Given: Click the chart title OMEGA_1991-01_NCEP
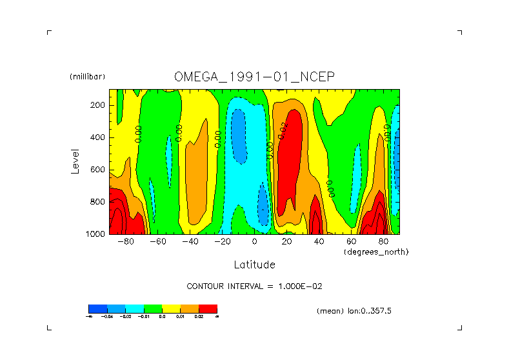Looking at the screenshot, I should pyautogui.click(x=254, y=77).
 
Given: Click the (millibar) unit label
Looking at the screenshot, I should pyautogui.click(x=87, y=77).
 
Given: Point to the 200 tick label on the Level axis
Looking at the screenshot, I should pyautogui.click(x=98, y=105).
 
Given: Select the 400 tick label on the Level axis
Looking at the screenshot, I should pyautogui.click(x=98, y=137).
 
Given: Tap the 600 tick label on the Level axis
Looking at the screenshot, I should pyautogui.click(x=98, y=170).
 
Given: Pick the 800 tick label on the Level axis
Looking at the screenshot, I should pyautogui.click(x=98, y=202).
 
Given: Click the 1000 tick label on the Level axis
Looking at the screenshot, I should pyautogui.click(x=95, y=234).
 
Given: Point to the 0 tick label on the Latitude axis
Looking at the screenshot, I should pyautogui.click(x=254, y=242).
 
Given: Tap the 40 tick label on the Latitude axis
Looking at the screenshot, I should pyautogui.click(x=319, y=242).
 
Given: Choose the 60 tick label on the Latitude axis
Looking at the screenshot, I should pyautogui.click(x=351, y=242).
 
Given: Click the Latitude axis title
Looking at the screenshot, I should pyautogui.click(x=254, y=265).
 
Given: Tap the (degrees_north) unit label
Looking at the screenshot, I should pyautogui.click(x=376, y=252).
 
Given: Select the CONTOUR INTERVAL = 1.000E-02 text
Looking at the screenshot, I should pyautogui.click(x=254, y=286).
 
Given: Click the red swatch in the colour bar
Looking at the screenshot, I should pyautogui.click(x=208, y=308).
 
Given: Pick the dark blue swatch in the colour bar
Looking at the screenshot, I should pyautogui.click(x=97, y=308).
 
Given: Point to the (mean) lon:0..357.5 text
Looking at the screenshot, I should pyautogui.click(x=354, y=311).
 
